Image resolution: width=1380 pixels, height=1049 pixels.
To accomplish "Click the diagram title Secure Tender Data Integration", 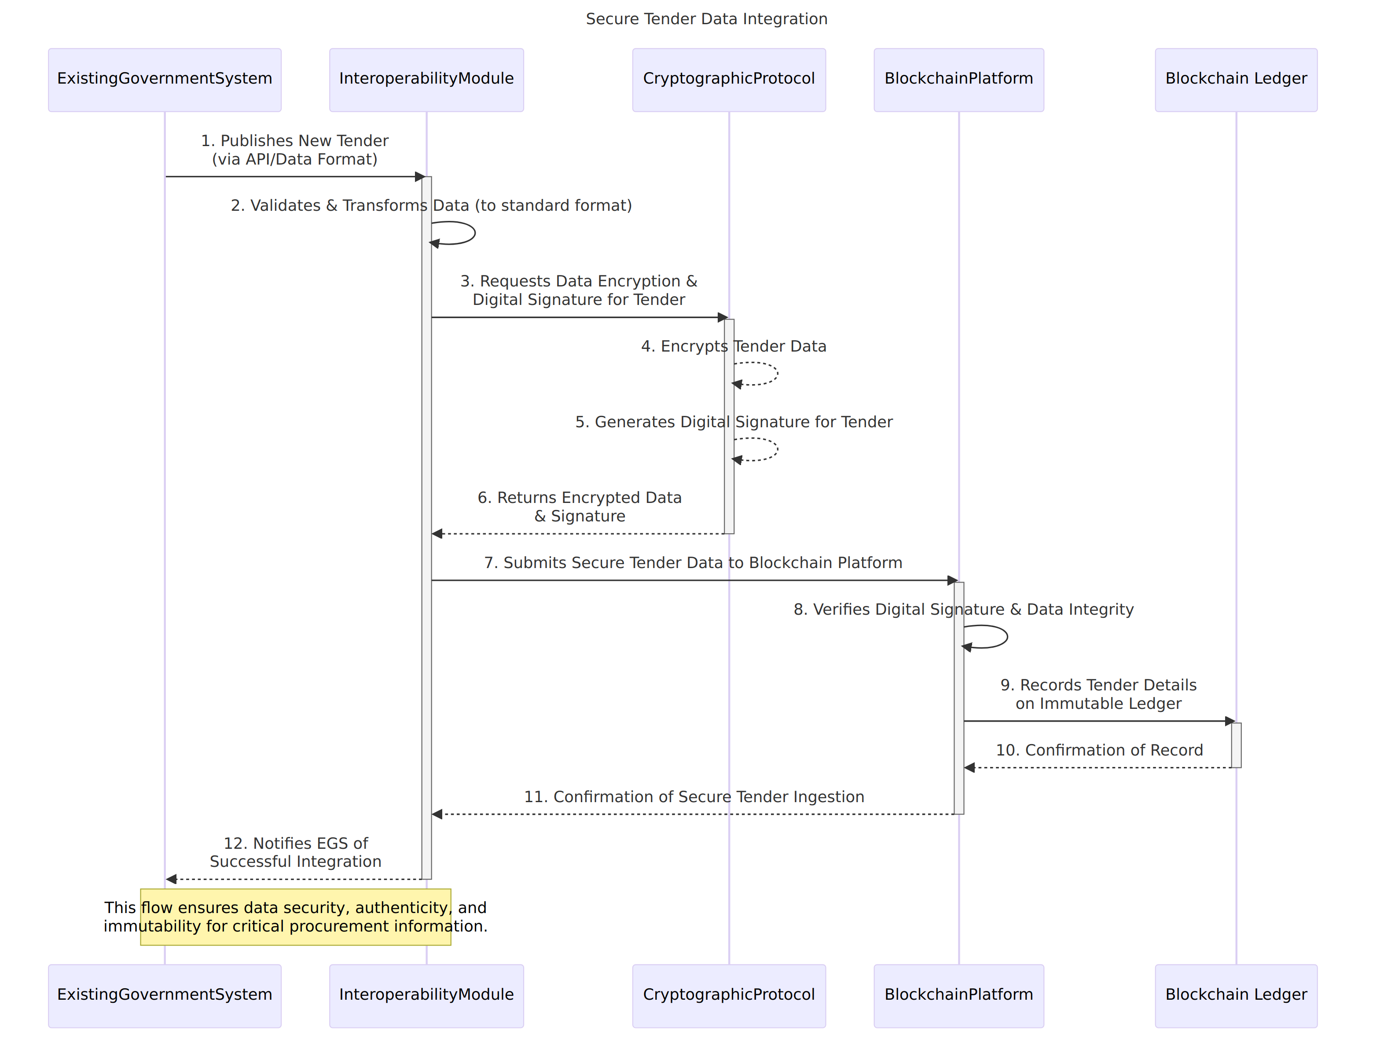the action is (706, 19).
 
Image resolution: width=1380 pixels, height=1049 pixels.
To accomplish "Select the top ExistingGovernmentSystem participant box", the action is (165, 80).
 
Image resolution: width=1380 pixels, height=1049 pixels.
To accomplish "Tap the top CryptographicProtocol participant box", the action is (729, 80).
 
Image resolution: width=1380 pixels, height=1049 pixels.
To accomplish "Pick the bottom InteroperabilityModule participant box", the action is (426, 995).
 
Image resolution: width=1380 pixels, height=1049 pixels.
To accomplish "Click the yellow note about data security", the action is (295, 917).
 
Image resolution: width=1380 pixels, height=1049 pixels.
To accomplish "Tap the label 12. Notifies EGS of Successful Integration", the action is (295, 852).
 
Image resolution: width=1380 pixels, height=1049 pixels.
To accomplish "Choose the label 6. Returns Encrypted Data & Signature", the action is (580, 506).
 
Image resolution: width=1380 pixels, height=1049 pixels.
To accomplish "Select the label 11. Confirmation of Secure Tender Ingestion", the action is (694, 797).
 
